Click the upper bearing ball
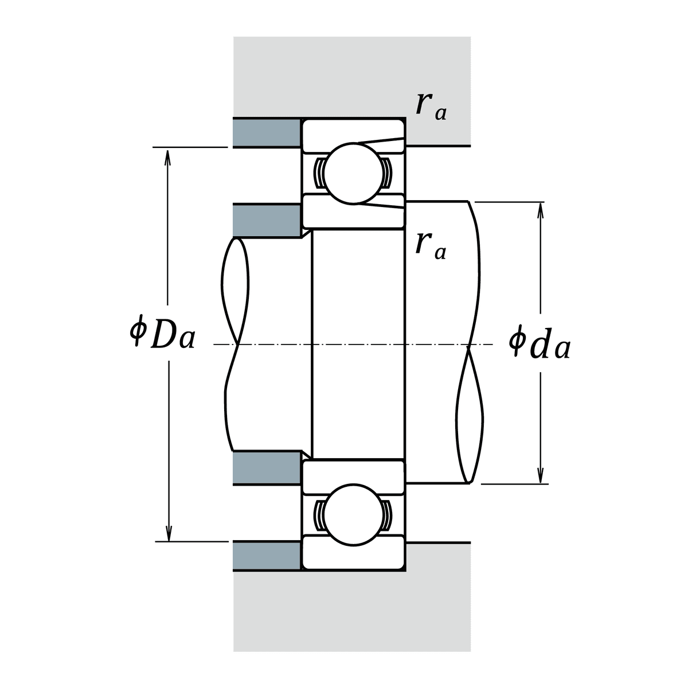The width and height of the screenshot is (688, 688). (x=353, y=174)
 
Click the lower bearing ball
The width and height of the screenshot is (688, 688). (x=353, y=515)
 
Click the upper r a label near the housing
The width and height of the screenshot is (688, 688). (x=431, y=107)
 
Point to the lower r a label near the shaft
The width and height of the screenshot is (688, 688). (x=431, y=247)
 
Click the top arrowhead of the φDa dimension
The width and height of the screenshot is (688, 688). (x=167, y=157)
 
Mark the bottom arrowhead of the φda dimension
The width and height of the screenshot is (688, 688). (x=541, y=475)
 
